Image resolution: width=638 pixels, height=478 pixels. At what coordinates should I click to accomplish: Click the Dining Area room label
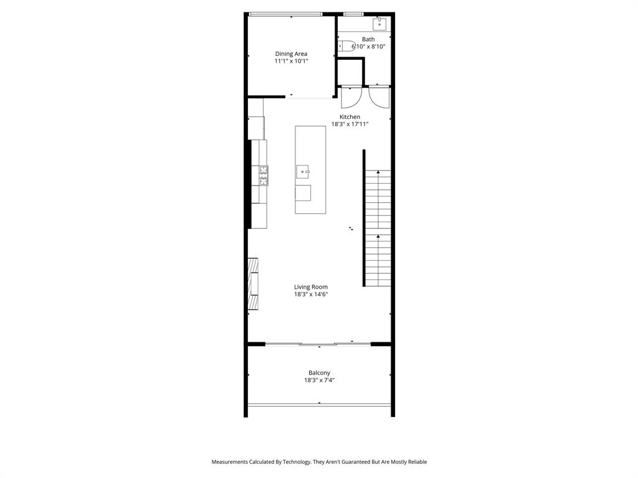291,54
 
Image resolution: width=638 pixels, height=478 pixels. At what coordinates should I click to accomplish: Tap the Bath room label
368,39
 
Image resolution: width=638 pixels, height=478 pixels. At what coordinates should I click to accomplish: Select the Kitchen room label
350,117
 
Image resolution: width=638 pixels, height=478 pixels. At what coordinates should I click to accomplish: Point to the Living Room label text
311,287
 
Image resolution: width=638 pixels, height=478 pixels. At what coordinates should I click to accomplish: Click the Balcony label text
319,373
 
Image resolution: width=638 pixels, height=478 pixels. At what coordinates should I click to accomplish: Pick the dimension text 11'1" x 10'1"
291,62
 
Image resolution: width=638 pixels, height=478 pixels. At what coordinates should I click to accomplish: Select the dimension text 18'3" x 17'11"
350,124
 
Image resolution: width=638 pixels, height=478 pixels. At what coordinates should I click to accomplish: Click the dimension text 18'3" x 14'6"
311,294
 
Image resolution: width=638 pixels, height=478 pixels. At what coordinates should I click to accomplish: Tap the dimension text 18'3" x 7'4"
319,380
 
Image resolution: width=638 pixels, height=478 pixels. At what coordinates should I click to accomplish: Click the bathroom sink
379,24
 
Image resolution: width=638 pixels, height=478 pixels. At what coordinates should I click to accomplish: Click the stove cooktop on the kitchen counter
264,176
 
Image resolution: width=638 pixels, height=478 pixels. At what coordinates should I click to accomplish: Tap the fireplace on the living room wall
253,283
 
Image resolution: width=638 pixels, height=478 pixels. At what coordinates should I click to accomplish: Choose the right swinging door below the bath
379,97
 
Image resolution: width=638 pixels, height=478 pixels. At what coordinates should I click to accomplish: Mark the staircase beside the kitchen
378,227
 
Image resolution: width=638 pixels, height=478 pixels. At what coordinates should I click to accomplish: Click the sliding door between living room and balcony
318,344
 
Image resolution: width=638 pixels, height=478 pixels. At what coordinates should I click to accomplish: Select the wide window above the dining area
285,14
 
